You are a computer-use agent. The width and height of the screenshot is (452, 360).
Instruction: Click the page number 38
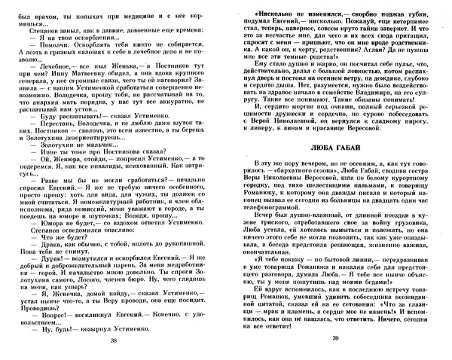click(x=114, y=342)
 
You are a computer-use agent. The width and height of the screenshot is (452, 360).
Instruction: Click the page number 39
click(x=336, y=342)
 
